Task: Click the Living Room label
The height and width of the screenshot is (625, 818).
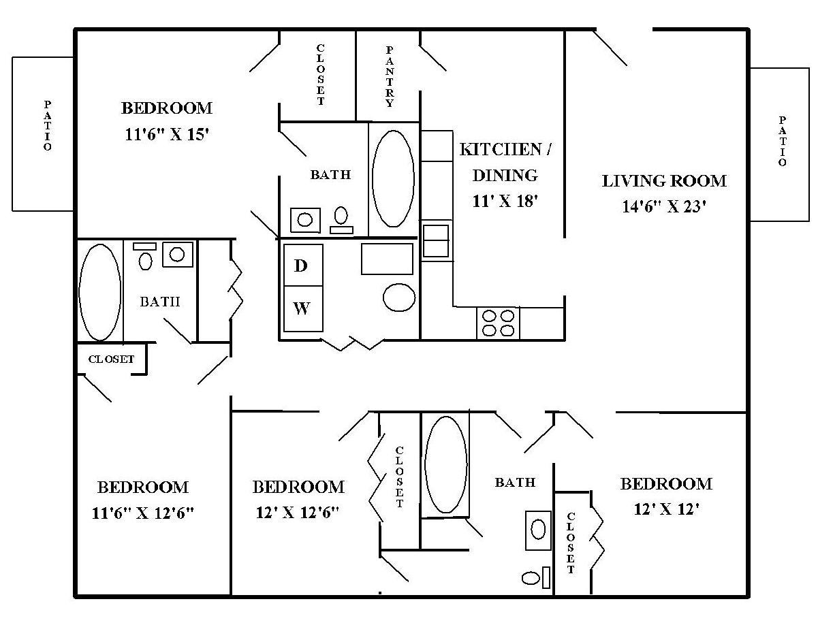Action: pyautogui.click(x=664, y=181)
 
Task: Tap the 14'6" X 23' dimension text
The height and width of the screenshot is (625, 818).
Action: pyautogui.click(x=664, y=206)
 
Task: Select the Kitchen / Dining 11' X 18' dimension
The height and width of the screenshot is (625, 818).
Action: pyautogui.click(x=505, y=201)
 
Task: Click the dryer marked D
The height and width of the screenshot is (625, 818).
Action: pyautogui.click(x=303, y=265)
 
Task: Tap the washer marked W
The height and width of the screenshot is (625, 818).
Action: pyautogui.click(x=303, y=308)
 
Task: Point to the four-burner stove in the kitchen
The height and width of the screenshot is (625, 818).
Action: pyautogui.click(x=498, y=323)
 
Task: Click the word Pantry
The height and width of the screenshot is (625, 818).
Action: pyautogui.click(x=390, y=77)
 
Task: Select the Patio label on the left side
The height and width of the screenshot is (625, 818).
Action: pyautogui.click(x=47, y=125)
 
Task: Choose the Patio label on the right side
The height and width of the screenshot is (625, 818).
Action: pyautogui.click(x=782, y=141)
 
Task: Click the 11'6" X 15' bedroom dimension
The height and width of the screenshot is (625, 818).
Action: pyautogui.click(x=166, y=134)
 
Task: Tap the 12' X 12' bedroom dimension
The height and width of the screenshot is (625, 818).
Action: pyautogui.click(x=666, y=509)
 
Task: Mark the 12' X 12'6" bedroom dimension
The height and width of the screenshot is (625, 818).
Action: pyautogui.click(x=298, y=513)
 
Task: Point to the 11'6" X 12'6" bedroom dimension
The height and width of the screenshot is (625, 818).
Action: pyautogui.click(x=143, y=513)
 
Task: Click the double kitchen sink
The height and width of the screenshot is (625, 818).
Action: pyautogui.click(x=436, y=240)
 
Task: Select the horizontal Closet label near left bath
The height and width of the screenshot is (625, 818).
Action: pyautogui.click(x=111, y=359)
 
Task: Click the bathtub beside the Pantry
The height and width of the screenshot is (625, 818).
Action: pyautogui.click(x=393, y=178)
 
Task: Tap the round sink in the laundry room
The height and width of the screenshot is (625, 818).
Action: pyautogui.click(x=398, y=298)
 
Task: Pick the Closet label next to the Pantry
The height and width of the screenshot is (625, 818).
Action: pyautogui.click(x=320, y=74)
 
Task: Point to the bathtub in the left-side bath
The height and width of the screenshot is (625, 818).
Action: pyautogui.click(x=100, y=292)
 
